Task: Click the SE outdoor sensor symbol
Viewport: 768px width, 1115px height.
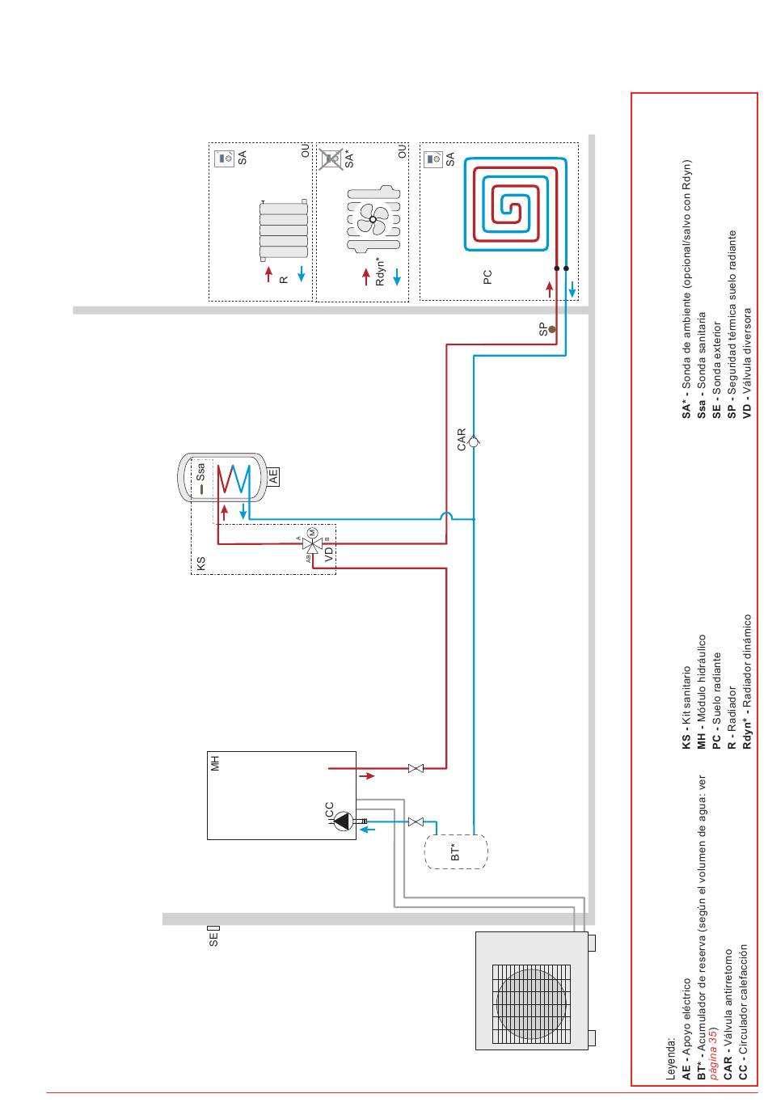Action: point(213,928)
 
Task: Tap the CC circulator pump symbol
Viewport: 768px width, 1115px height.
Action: point(343,821)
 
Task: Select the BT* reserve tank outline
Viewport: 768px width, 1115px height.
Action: point(455,851)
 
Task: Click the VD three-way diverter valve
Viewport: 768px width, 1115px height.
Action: point(313,543)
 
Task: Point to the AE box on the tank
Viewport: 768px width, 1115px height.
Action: point(272,476)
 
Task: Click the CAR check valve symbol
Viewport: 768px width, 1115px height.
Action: point(474,441)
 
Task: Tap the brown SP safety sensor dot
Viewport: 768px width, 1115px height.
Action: point(551,329)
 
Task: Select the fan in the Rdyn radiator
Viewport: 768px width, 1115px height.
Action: point(373,219)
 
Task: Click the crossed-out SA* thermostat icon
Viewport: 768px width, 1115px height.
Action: point(330,158)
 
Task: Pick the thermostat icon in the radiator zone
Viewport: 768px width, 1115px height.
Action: point(224,158)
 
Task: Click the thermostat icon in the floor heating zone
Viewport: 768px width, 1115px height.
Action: point(433,158)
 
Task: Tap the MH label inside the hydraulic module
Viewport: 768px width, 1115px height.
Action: point(215,763)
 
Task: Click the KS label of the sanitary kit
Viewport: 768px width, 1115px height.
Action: point(200,564)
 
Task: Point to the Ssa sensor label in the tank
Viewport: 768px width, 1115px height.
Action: point(200,472)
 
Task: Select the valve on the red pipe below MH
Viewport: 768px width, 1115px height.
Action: point(416,768)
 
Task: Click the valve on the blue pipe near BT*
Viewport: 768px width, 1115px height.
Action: point(416,821)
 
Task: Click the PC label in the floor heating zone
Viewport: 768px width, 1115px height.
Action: point(487,277)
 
